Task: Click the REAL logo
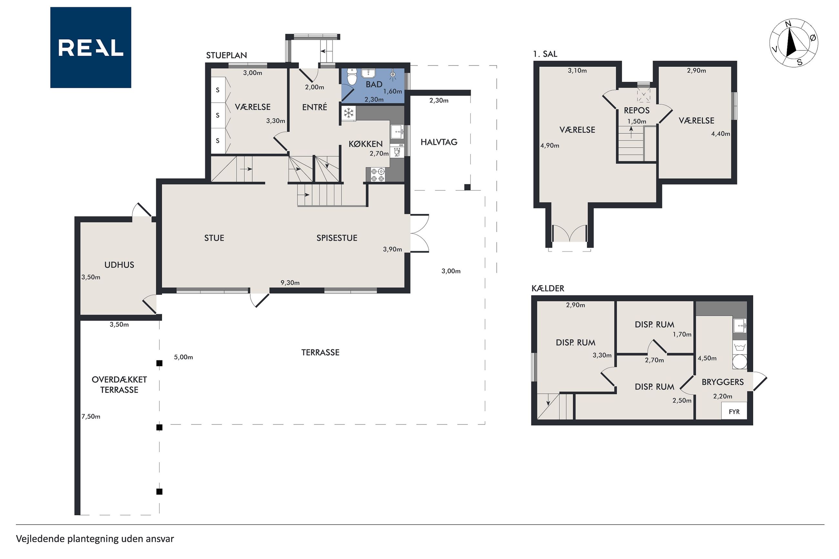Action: click(x=91, y=47)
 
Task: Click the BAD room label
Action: click(x=374, y=85)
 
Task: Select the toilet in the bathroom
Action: click(x=352, y=76)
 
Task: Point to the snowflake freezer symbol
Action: click(x=349, y=113)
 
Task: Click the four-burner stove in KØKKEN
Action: click(x=378, y=175)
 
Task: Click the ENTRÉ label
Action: click(x=315, y=107)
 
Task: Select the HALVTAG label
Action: click(x=439, y=142)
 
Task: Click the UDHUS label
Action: click(x=119, y=265)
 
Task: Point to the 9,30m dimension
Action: click(x=290, y=283)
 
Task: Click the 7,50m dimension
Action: click(x=91, y=416)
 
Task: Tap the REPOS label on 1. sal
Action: click(x=636, y=111)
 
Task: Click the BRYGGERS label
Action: click(x=723, y=382)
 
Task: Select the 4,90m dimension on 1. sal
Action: click(x=550, y=145)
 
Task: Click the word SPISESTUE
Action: click(x=337, y=238)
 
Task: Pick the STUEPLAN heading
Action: click(x=227, y=55)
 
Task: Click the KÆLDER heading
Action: click(x=548, y=288)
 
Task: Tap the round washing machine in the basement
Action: click(x=740, y=361)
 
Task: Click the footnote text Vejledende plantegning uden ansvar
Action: click(x=95, y=539)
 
